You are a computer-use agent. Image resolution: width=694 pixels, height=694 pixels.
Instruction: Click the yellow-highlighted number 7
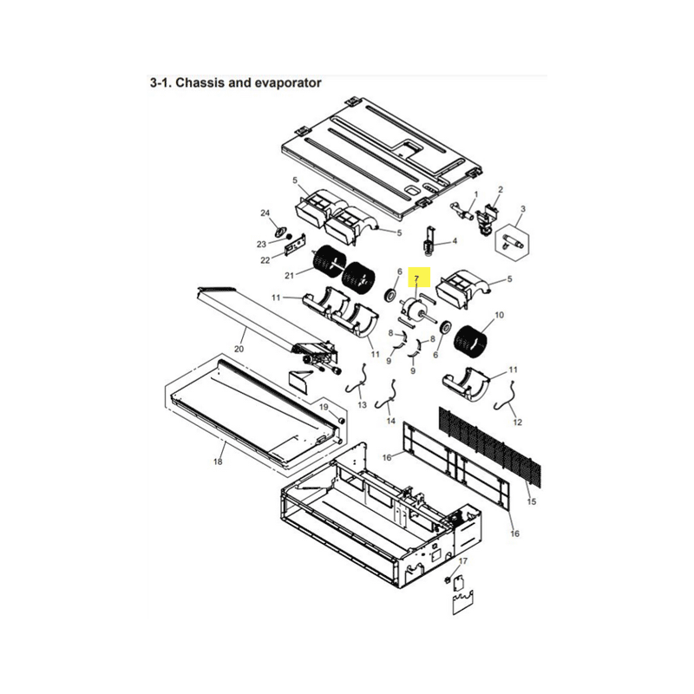click(x=416, y=278)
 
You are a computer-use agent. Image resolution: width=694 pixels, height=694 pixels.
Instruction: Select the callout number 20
click(x=239, y=349)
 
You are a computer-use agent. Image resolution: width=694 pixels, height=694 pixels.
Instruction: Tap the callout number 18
click(x=218, y=462)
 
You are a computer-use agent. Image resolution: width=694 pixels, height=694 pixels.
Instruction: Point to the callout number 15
click(x=532, y=501)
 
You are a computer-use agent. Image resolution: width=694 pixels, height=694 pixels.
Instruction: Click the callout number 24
click(x=265, y=213)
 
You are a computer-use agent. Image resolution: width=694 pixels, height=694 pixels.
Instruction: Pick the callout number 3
click(x=523, y=208)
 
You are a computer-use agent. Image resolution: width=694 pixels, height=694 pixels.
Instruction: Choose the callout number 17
click(x=463, y=560)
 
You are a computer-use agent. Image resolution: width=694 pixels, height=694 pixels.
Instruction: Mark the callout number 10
click(x=500, y=315)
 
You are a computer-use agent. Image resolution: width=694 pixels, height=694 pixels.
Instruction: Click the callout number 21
click(x=289, y=275)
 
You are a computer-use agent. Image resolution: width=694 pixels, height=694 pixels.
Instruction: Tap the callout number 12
click(x=517, y=422)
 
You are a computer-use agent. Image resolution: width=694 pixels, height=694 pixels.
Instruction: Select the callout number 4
click(x=455, y=241)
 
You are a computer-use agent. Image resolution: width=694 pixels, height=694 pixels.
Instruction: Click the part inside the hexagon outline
click(x=513, y=242)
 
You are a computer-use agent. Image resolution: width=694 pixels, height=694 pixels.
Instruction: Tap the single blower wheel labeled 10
click(x=470, y=342)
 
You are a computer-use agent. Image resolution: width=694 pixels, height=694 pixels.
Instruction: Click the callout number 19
click(x=324, y=407)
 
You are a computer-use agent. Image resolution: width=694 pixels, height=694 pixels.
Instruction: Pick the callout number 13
click(x=363, y=404)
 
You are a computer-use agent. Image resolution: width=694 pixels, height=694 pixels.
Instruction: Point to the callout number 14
click(x=391, y=421)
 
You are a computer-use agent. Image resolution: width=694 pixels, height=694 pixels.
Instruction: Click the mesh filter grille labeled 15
click(x=490, y=445)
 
